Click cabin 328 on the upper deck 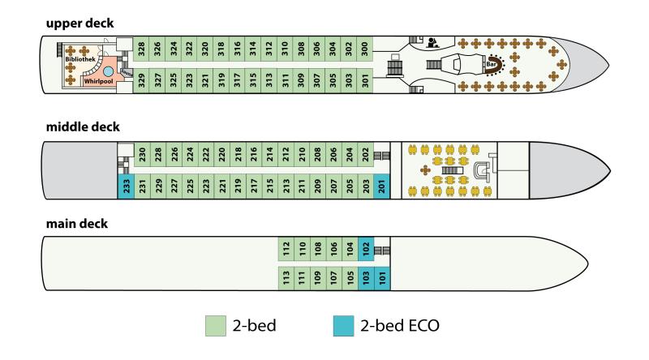141,49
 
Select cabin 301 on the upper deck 364,81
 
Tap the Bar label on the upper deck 492,64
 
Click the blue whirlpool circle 108,71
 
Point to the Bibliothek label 80,59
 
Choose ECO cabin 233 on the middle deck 127,186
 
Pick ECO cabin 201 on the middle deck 381,186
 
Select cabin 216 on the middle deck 254,154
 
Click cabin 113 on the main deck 286,278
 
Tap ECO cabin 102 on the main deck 366,249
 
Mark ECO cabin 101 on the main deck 382,278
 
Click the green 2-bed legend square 216,326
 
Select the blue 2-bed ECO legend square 343,326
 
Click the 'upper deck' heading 80,24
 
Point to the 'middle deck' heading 83,126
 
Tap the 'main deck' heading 77,224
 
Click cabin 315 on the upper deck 253,81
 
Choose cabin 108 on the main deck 318,249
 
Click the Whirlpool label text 98,82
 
